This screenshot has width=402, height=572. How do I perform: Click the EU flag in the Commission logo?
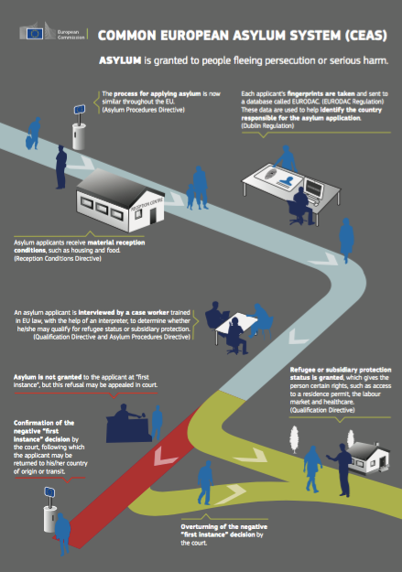35,34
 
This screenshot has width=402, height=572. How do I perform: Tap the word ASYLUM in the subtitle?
120,60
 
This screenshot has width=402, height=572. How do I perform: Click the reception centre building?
120,200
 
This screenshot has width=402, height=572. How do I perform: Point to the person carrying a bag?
34,134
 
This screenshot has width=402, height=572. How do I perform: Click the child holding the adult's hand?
190,197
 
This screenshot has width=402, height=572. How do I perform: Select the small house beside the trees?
368,458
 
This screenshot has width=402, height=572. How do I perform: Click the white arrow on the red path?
165,457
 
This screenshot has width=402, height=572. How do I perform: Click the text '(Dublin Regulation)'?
267,126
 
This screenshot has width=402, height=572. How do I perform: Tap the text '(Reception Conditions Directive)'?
58,259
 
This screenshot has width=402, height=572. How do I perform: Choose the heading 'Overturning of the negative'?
223,527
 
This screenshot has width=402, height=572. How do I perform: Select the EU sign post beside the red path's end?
49,510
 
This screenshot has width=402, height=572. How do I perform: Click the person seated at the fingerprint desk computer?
301,205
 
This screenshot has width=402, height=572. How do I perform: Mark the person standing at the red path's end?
62,534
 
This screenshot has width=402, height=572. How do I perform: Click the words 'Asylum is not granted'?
48,377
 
